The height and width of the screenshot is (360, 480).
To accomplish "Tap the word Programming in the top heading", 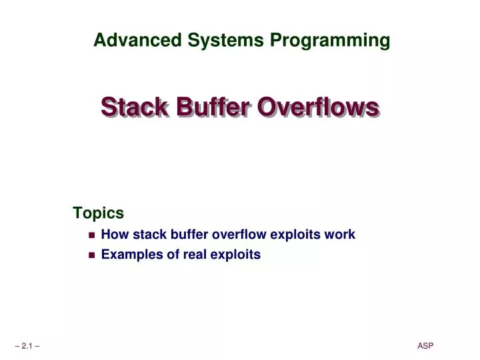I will pyautogui.click(x=329, y=41).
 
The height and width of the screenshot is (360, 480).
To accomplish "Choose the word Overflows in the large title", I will pyautogui.click(x=318, y=106).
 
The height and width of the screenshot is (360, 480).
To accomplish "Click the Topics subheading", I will pyautogui.click(x=98, y=213).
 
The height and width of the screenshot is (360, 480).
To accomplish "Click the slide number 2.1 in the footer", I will pyautogui.click(x=27, y=346).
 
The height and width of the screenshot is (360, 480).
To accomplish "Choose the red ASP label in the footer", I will pyautogui.click(x=425, y=345).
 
